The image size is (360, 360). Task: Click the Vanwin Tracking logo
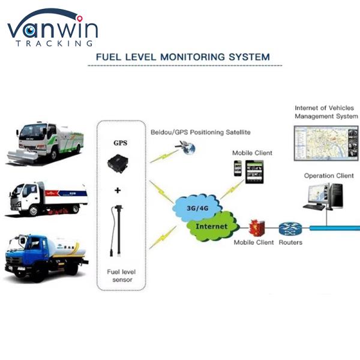53,29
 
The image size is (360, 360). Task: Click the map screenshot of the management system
325,142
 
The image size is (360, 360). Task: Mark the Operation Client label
328,176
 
